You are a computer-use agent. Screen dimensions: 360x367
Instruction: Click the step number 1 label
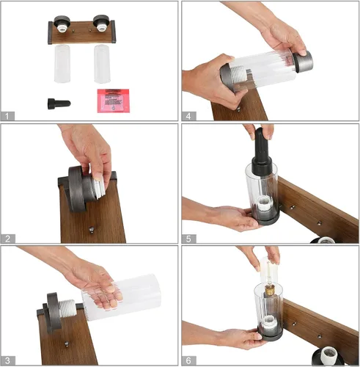pos(7,116)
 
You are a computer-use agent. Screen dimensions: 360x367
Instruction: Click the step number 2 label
pos(8,239)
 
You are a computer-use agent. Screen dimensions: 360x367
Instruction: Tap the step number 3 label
pos(8,360)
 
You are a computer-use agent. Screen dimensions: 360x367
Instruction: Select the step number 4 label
pos(188,116)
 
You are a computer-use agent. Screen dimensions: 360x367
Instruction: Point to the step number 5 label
pos(188,239)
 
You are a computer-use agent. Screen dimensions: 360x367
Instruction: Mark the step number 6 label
pos(188,360)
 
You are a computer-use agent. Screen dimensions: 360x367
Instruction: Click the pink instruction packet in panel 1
pos(113,101)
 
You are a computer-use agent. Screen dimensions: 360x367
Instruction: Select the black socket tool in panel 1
pos(59,103)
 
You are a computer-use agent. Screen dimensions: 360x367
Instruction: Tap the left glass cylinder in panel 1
pos(62,64)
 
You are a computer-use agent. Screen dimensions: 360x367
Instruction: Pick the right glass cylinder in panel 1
pos(102,64)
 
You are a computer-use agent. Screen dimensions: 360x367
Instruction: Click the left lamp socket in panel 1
pos(62,23)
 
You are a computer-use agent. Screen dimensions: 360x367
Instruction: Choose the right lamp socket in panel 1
pos(101,23)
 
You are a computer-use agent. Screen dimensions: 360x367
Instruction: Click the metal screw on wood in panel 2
pos(92,230)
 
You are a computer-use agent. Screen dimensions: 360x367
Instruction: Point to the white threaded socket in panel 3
pos(67,308)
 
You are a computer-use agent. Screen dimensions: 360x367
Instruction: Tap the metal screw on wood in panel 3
pos(67,344)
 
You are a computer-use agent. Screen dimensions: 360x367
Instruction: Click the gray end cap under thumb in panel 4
pos(303,62)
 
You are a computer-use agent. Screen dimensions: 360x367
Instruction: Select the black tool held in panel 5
pos(262,153)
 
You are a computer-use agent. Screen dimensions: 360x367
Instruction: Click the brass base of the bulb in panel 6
pos(269,290)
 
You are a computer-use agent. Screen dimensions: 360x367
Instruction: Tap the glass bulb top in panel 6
pos(269,269)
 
